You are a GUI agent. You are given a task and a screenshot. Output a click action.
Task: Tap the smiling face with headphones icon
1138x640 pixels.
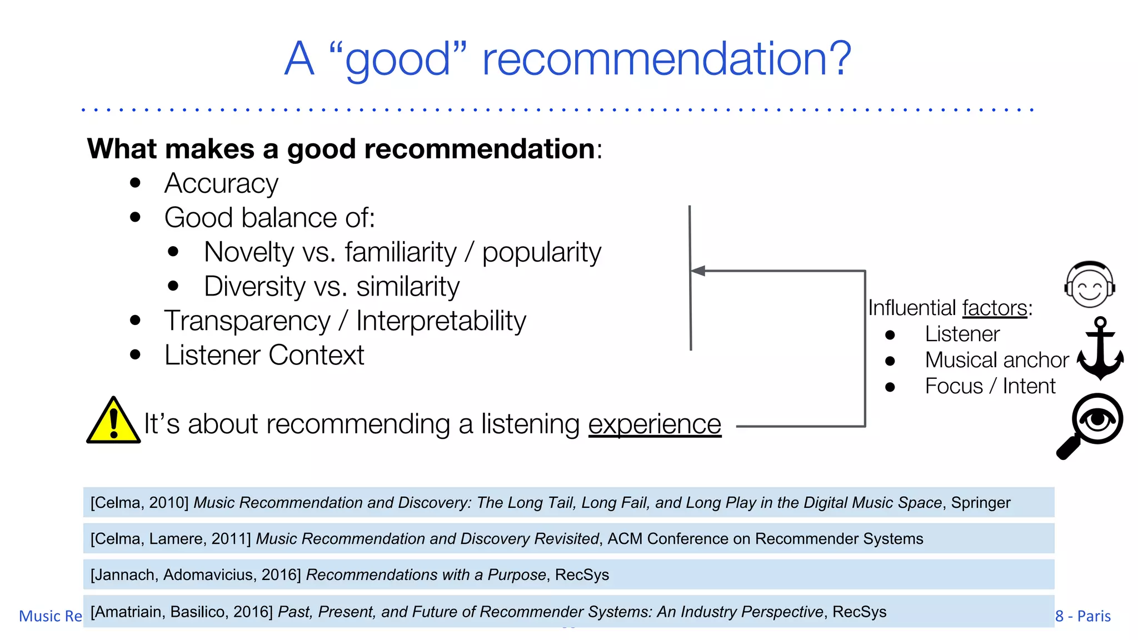(1090, 285)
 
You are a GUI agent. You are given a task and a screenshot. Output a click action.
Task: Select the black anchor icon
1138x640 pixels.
(1100, 349)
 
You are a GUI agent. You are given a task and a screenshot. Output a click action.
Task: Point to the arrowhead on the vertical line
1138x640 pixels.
(698, 271)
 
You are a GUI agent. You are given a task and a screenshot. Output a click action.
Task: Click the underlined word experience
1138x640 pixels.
(655, 424)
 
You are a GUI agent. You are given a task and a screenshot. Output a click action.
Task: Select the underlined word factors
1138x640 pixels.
(995, 308)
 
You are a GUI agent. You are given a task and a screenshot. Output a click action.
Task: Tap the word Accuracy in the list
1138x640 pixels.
(221, 184)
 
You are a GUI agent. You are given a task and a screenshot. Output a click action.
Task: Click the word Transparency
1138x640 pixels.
(247, 321)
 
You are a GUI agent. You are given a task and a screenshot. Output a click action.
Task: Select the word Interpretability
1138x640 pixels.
(441, 321)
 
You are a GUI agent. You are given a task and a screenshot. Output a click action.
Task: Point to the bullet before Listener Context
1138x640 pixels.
(135, 354)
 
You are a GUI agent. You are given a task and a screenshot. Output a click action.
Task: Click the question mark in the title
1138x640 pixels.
(838, 58)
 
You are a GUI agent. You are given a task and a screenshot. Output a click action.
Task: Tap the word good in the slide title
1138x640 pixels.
(398, 60)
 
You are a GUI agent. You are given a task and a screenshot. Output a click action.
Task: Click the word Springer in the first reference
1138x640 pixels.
(981, 503)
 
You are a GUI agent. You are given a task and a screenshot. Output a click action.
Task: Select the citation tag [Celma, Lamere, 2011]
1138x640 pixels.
(171, 539)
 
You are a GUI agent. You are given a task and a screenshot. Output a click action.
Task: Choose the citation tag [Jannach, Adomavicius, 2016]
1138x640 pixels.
(196, 575)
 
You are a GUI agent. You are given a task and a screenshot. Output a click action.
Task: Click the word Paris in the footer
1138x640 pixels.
(1094, 616)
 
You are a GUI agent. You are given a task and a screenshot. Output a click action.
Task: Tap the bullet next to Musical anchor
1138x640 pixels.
(890, 361)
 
